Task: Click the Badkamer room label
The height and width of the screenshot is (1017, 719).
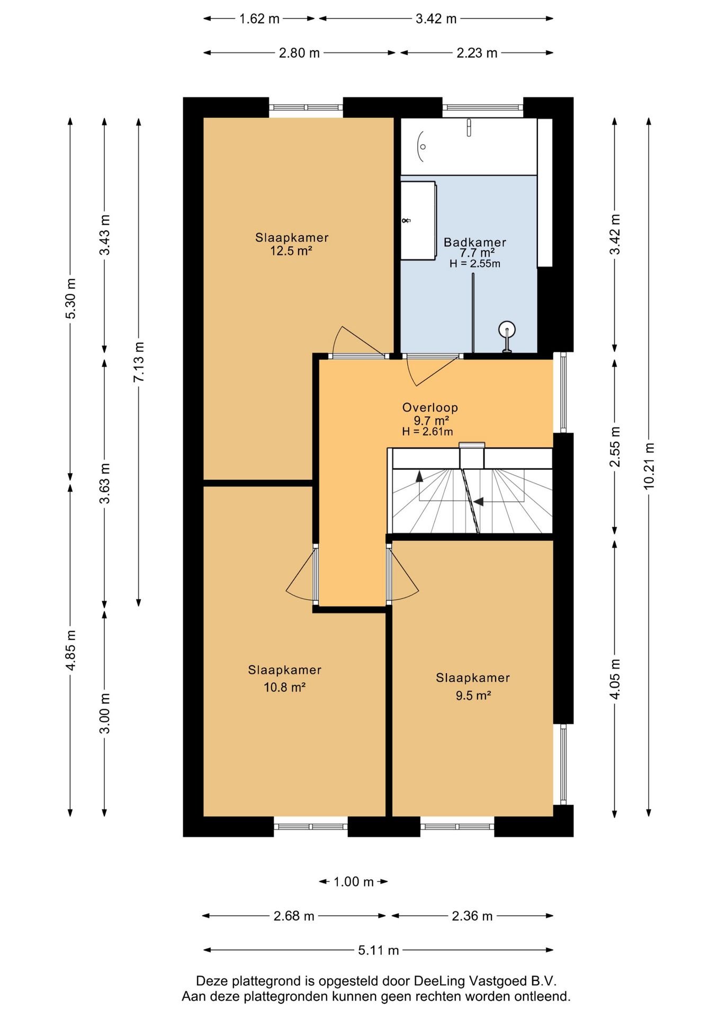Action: [475, 242]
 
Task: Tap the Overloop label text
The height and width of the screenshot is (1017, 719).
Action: [430, 407]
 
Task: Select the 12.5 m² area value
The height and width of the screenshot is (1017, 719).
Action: [291, 251]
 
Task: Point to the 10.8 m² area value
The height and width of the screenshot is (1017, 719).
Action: [284, 687]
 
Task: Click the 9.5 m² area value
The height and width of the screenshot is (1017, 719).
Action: [473, 695]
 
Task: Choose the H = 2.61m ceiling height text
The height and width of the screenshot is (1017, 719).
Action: [427, 431]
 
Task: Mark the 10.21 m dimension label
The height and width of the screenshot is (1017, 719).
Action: [649, 466]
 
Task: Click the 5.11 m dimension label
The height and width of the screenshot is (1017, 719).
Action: [378, 950]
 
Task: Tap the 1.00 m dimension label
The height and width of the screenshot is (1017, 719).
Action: [353, 881]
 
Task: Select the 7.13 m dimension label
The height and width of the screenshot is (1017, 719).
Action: [139, 362]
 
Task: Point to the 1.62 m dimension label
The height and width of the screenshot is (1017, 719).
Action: [259, 19]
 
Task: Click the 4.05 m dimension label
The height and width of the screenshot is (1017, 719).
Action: [615, 679]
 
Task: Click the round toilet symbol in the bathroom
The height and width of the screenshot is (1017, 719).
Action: [507, 336]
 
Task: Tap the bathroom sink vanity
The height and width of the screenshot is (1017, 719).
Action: [418, 220]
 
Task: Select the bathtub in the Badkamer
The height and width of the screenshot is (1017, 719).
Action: [469, 146]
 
